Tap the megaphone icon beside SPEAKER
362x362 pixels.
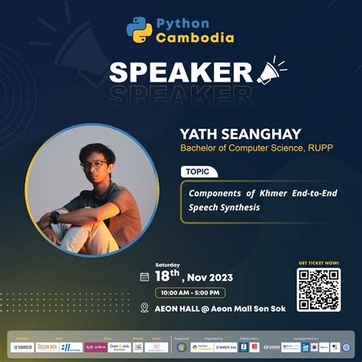[271, 73]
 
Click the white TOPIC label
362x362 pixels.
[199, 172]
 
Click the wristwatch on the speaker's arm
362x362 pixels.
[56, 216]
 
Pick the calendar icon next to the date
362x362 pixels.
[144, 276]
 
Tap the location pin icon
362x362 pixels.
[144, 308]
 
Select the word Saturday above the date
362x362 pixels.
[167, 264]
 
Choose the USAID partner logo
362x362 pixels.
[270, 347]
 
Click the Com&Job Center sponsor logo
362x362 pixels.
[119, 347]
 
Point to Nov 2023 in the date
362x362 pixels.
[212, 276]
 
